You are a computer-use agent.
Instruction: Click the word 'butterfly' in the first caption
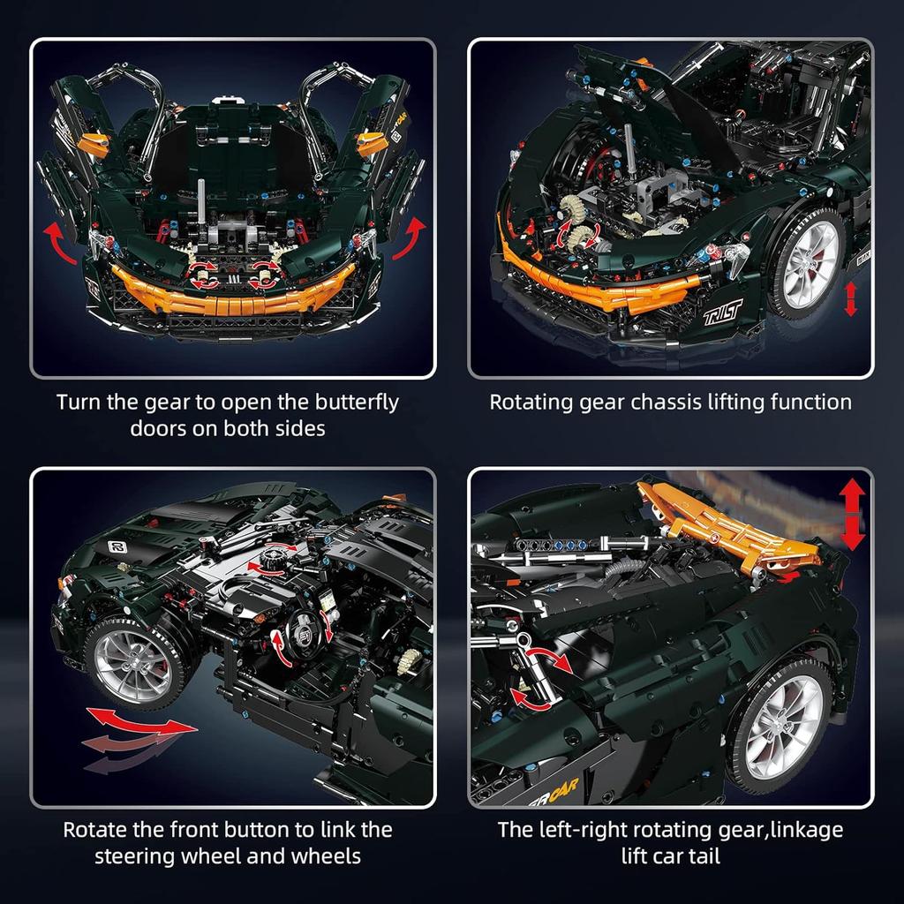(348, 403)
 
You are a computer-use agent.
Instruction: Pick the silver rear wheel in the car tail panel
(780, 723)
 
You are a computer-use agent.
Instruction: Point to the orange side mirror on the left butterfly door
(93, 141)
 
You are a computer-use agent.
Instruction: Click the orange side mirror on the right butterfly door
(371, 140)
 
